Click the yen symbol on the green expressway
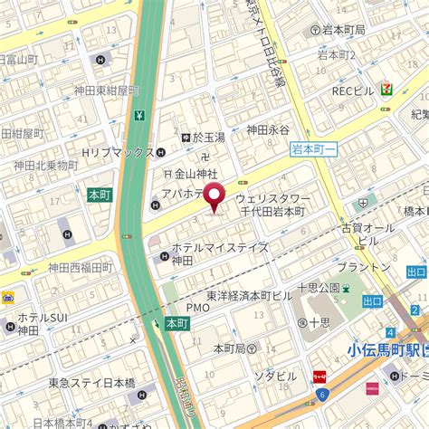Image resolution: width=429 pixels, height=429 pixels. click(139, 115)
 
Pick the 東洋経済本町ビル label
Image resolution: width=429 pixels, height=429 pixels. click(249, 295)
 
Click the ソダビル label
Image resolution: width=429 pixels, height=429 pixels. click(274, 376)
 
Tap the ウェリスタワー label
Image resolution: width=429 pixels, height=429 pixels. click(272, 197)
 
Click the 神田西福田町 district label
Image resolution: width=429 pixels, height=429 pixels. click(80, 267)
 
